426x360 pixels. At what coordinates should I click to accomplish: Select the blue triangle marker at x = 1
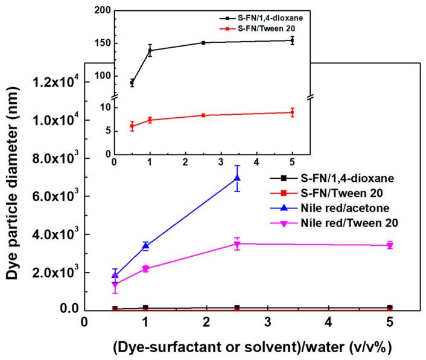coord(145,246)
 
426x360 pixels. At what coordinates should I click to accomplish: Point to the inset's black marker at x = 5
coord(292,40)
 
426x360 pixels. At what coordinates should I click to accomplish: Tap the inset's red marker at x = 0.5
coord(132,126)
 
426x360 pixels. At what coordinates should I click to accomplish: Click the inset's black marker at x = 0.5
coord(132,83)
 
